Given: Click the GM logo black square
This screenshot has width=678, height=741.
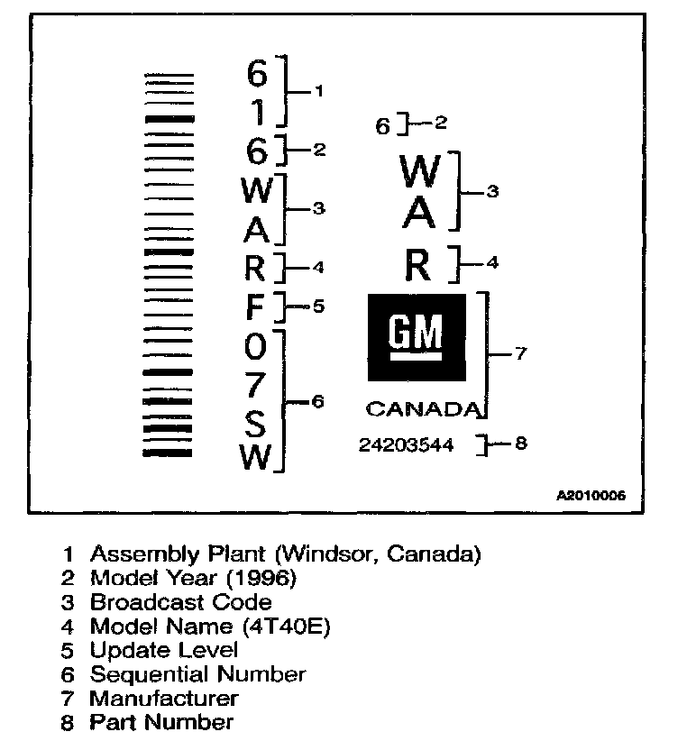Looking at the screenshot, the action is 417,337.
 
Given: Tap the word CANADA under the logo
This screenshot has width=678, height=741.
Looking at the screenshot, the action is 420,410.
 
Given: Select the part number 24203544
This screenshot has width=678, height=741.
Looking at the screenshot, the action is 406,444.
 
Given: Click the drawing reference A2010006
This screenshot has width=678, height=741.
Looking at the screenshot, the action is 591,496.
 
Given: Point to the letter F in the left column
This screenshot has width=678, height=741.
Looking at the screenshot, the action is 256,307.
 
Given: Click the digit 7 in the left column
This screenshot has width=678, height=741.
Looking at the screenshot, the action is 256,385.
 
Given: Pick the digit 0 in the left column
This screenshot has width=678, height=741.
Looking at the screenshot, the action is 256,346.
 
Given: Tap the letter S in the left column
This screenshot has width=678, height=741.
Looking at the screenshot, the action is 256,422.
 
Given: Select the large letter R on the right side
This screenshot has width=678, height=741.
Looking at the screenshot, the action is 418,265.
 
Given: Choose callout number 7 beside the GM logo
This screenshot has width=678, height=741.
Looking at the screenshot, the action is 518,354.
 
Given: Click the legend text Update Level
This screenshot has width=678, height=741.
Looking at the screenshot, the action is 163,650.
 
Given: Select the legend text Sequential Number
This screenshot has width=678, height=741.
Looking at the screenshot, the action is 197,673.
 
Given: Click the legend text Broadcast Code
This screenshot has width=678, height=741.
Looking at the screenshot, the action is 180,602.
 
